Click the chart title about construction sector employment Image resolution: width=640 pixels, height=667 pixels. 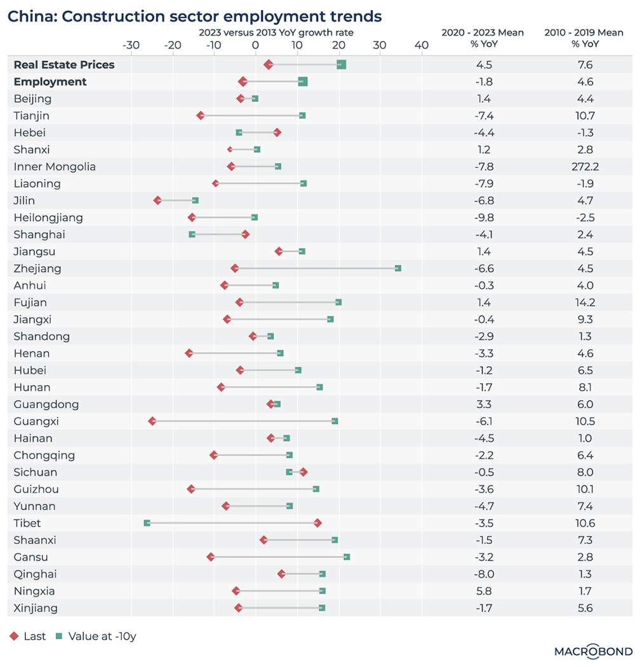click(x=196, y=15)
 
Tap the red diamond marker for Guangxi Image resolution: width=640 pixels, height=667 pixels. click(x=152, y=421)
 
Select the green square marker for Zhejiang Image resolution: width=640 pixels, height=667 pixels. click(x=398, y=268)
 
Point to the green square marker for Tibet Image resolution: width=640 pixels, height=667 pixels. click(x=147, y=523)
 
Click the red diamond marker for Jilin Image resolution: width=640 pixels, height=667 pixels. click(x=158, y=201)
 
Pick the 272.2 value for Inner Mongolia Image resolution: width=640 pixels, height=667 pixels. click(x=585, y=167)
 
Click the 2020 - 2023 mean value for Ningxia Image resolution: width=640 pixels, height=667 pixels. click(x=484, y=591)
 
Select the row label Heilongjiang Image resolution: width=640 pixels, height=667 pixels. click(x=48, y=218)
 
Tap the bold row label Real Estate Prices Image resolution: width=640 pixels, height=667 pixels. click(x=64, y=65)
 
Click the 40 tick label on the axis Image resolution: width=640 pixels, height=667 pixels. click(x=421, y=45)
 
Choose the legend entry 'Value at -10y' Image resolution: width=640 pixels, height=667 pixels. click(x=96, y=637)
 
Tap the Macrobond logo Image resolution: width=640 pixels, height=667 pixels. click(x=593, y=652)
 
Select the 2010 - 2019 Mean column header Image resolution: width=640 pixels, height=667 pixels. click(x=584, y=38)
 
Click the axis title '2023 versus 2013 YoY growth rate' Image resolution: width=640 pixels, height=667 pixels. click(x=276, y=32)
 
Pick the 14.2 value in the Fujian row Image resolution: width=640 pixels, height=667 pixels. click(x=585, y=303)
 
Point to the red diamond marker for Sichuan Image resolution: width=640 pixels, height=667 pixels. click(x=303, y=472)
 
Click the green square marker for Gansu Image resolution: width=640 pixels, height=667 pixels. click(x=347, y=557)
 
